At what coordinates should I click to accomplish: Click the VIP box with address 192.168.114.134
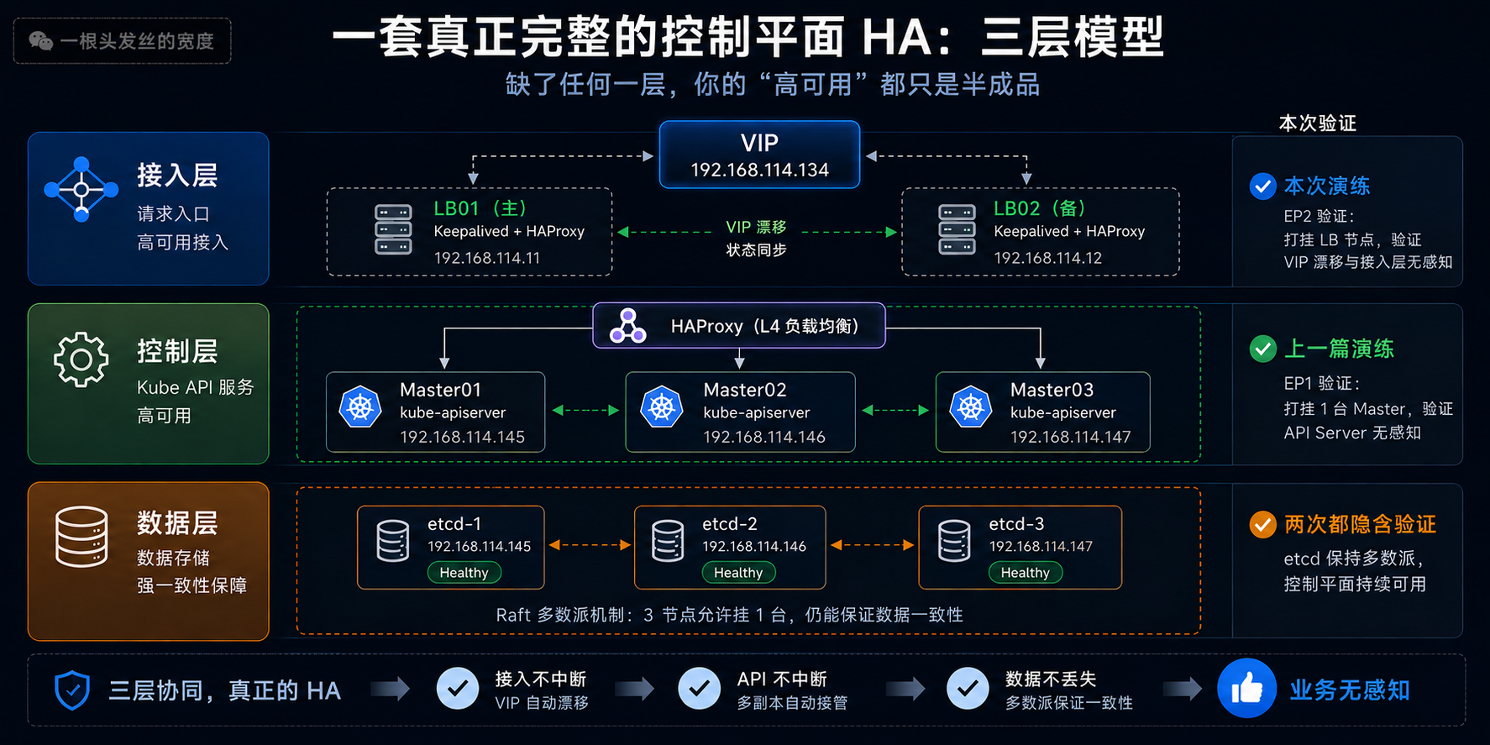click(x=759, y=155)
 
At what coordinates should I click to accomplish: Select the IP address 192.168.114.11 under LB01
click(x=487, y=258)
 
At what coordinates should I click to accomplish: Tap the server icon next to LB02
click(x=957, y=229)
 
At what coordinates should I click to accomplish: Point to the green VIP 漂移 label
click(x=756, y=227)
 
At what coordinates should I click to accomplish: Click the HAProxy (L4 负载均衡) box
click(x=739, y=325)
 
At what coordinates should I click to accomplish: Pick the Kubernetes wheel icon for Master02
click(x=662, y=407)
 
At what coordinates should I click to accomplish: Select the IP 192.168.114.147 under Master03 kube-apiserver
click(x=1070, y=437)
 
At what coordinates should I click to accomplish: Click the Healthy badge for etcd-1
click(x=464, y=573)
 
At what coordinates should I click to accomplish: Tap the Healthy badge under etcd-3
click(x=1025, y=573)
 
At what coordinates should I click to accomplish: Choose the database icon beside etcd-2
click(x=668, y=540)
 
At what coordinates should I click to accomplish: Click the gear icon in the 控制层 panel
click(x=81, y=359)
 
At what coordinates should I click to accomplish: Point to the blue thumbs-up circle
click(x=1247, y=689)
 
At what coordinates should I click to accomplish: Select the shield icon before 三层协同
click(x=72, y=690)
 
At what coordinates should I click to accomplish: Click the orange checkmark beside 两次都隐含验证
click(x=1262, y=525)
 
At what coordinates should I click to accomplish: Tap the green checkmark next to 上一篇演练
click(x=1262, y=349)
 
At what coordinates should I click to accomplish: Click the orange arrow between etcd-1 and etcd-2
click(x=590, y=545)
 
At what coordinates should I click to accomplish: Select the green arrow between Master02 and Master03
click(x=895, y=410)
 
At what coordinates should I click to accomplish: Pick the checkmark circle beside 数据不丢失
click(x=968, y=689)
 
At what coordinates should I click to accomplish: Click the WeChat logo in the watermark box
click(x=40, y=40)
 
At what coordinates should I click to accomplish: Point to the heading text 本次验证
click(x=1317, y=123)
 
